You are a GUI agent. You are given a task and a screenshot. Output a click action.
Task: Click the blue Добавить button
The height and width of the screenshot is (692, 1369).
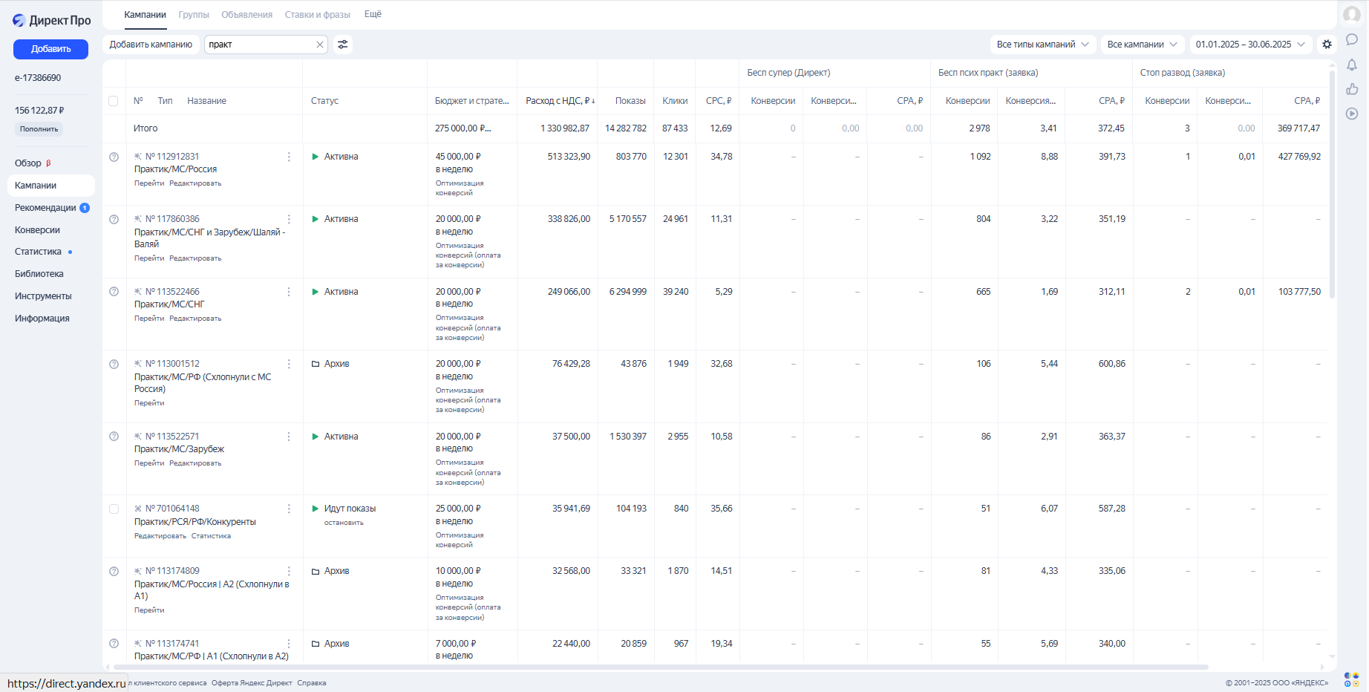(50, 49)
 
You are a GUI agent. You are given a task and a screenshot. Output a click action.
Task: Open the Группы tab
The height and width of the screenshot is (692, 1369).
(194, 15)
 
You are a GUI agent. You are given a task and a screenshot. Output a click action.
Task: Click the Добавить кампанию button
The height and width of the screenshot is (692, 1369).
(151, 45)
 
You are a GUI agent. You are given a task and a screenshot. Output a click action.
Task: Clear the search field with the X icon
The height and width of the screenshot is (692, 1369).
(320, 45)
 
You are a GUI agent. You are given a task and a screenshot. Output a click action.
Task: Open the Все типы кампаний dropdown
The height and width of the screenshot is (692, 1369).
(1042, 45)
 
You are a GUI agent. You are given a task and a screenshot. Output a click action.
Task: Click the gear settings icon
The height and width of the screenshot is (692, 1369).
(1327, 45)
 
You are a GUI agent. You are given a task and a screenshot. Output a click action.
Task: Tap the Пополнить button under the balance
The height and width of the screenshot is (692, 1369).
(39, 129)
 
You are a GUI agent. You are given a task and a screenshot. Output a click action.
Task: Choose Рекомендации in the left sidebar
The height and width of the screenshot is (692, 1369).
(45, 208)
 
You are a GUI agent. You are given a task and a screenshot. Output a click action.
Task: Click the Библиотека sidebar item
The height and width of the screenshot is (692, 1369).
(39, 274)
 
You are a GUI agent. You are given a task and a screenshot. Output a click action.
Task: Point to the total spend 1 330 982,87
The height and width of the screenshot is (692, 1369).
(565, 128)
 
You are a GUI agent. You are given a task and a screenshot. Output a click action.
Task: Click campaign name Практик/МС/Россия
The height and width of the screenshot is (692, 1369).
(175, 169)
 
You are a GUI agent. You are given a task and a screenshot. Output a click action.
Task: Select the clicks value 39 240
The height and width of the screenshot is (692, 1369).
(676, 292)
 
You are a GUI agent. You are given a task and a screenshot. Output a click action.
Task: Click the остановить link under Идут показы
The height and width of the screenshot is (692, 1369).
(344, 523)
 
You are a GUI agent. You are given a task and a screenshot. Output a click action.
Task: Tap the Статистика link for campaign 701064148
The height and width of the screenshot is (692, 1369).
(211, 536)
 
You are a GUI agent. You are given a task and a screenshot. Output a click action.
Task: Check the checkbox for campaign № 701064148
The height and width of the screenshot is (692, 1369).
(114, 509)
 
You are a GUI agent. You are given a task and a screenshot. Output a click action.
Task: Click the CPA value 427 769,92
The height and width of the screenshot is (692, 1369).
(1299, 157)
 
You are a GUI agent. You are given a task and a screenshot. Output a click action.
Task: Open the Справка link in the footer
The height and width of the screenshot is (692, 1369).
(312, 683)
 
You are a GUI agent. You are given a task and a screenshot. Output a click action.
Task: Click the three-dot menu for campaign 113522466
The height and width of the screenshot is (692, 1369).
(289, 292)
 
